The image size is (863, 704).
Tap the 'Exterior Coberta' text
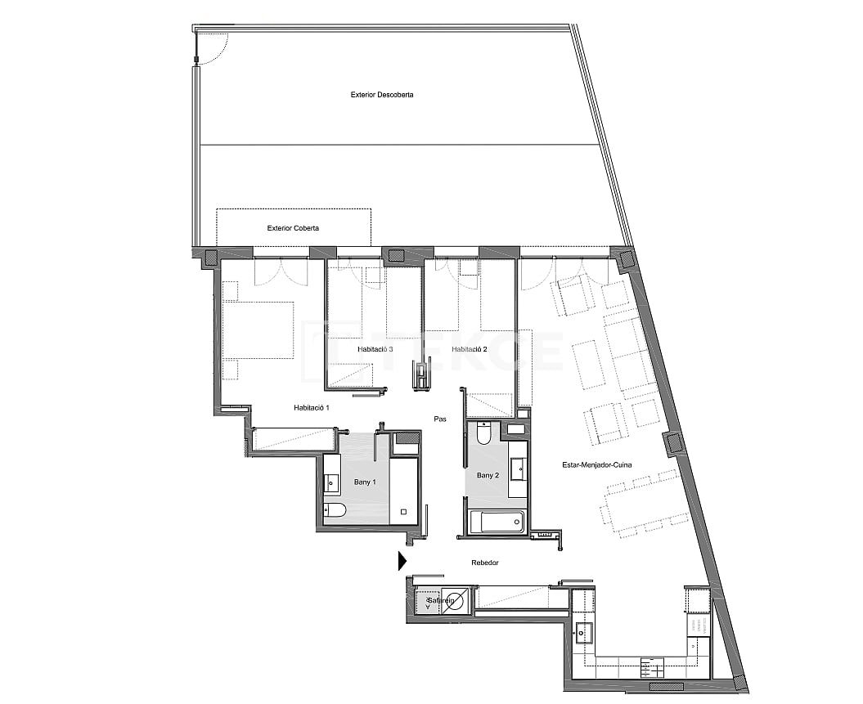pyautogui.click(x=293, y=228)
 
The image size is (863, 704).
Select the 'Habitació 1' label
pyautogui.click(x=311, y=407)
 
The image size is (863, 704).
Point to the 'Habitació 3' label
pyautogui.click(x=375, y=349)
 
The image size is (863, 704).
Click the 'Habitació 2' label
pyautogui.click(x=469, y=349)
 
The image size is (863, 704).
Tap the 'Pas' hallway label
pyautogui.click(x=440, y=419)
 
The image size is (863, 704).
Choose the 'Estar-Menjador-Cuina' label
pyautogui.click(x=596, y=465)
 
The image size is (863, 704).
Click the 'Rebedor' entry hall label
pyautogui.click(x=485, y=563)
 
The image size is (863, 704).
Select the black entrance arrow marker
pyautogui.click(x=402, y=561)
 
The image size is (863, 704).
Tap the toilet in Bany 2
pyautogui.click(x=483, y=433)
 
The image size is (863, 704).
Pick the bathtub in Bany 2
pyautogui.click(x=495, y=522)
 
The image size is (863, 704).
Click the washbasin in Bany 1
pyautogui.click(x=331, y=482)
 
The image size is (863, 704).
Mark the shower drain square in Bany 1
pyautogui.click(x=403, y=512)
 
